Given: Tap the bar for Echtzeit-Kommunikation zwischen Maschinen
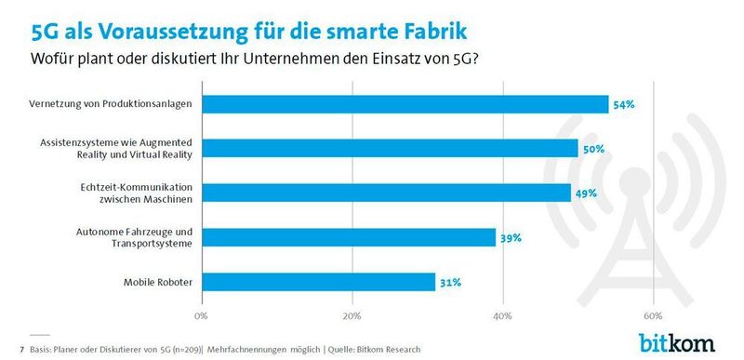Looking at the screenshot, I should (385, 193).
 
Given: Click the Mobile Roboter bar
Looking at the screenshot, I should (317, 281).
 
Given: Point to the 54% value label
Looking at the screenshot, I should (623, 105).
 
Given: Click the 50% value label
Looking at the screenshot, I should (593, 149).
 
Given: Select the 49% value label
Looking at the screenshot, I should (586, 193).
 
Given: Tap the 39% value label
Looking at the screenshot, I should (510, 237).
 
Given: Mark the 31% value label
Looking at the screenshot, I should (450, 282).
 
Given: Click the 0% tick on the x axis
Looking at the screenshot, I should (200, 314).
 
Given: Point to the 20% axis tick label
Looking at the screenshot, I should (352, 314).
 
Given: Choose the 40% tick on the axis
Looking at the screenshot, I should (502, 314).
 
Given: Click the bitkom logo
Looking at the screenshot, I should (676, 342).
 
